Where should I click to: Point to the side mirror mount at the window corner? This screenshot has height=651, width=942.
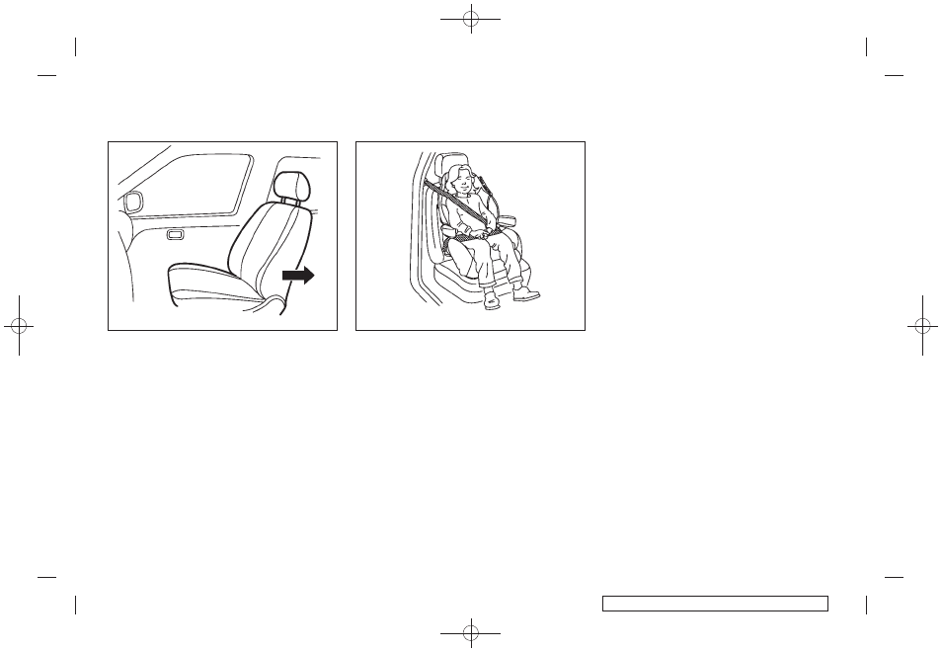131,203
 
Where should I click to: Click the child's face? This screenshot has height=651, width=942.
460,185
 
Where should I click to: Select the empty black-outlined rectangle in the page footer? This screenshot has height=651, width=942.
714,603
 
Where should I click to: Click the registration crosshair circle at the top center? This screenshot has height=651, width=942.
471,17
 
